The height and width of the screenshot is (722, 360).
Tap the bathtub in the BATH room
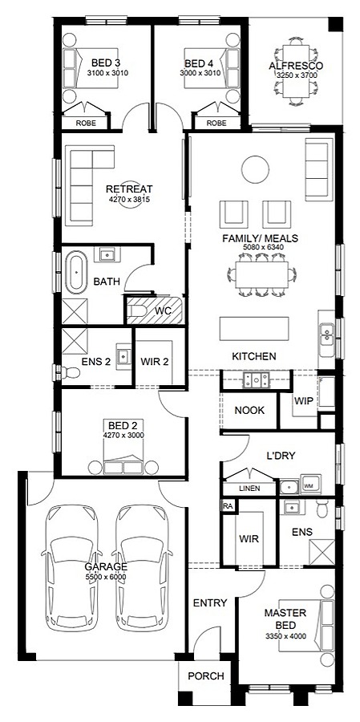(77, 272)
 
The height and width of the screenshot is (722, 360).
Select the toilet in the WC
(140, 310)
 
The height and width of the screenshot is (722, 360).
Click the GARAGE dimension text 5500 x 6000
(107, 577)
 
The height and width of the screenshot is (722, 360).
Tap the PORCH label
(206, 676)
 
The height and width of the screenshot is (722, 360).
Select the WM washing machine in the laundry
(309, 486)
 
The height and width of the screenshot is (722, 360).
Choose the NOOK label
(249, 410)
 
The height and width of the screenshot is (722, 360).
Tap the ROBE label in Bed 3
(86, 123)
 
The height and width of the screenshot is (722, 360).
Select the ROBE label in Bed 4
(216, 123)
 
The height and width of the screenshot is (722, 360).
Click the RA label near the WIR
(228, 506)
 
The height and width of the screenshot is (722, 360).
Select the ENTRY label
(211, 602)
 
